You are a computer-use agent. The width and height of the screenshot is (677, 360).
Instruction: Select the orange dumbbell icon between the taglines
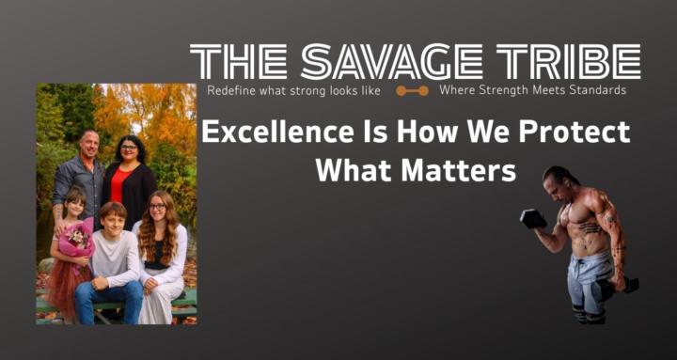click(412, 91)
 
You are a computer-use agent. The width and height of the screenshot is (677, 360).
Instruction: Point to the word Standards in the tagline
click(591, 91)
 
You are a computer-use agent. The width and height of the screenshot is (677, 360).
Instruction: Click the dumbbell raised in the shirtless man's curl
click(532, 220)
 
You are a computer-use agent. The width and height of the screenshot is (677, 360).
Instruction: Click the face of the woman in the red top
click(127, 152)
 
